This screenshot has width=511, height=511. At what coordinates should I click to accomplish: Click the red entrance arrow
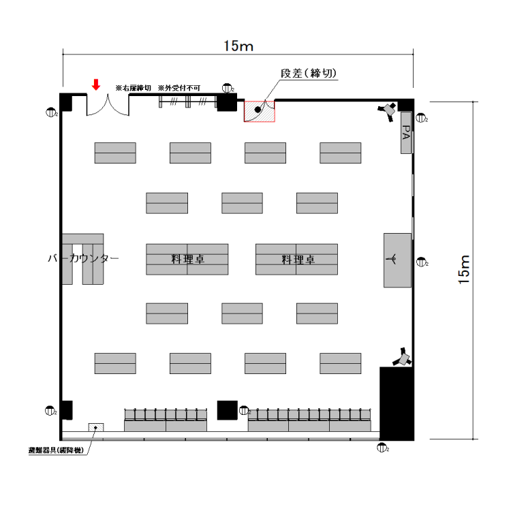pyautogui.click(x=96, y=84)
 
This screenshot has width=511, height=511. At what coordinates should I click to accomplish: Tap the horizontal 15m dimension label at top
pyautogui.click(x=238, y=46)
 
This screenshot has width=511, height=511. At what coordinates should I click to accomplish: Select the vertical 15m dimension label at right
pyautogui.click(x=465, y=268)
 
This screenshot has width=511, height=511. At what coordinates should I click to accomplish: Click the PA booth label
pyautogui.click(x=406, y=134)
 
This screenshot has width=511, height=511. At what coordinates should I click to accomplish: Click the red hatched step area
pyautogui.click(x=259, y=111)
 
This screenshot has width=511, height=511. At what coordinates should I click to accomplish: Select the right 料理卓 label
pyautogui.click(x=298, y=260)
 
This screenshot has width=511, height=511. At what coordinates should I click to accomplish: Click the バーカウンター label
pyautogui.click(x=83, y=259)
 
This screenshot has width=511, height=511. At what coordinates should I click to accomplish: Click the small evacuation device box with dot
pyautogui.click(x=95, y=428)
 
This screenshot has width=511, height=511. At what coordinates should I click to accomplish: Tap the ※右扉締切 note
pyautogui.click(x=133, y=88)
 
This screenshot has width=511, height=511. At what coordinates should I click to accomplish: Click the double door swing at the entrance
pyautogui.click(x=108, y=106)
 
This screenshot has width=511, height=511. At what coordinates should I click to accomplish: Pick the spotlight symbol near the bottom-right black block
pyautogui.click(x=403, y=357)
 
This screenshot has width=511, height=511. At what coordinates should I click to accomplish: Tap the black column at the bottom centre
pyautogui.click(x=227, y=409)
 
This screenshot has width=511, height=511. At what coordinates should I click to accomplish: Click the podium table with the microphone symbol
pyautogui.click(x=397, y=260)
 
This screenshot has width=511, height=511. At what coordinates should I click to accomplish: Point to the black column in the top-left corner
pyautogui.click(x=66, y=102)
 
